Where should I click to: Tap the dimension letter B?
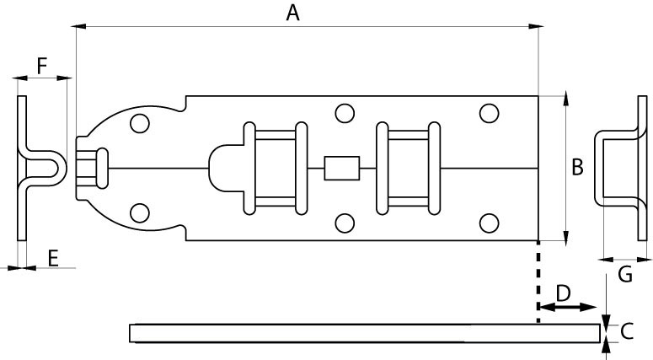tap(577, 168)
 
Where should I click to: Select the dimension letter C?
tap(626, 332)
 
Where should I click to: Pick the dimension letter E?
tap(53, 258)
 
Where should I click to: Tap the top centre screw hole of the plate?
tap(343, 113)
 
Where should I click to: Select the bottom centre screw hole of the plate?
tap(343, 223)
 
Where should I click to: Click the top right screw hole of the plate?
tap(489, 113)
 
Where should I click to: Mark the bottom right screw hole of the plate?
tap(489, 223)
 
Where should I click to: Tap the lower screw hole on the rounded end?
tap(140, 212)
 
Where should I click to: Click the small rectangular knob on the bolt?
tap(342, 168)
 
